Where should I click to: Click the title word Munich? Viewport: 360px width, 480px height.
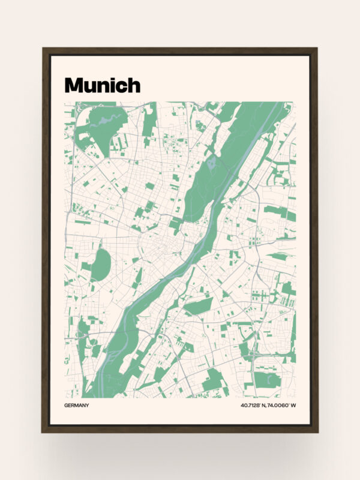102,85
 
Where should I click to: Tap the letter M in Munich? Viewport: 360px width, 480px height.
73,85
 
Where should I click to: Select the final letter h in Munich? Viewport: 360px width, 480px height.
133,85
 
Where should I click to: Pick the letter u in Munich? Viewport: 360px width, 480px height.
90,87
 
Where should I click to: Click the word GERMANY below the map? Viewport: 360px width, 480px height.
76,406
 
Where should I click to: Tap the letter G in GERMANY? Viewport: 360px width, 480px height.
66,406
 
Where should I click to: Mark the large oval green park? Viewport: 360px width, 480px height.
100,264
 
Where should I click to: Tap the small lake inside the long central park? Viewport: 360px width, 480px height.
211,162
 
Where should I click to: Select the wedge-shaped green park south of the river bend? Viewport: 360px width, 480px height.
198,307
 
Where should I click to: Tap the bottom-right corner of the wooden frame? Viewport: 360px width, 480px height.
317,431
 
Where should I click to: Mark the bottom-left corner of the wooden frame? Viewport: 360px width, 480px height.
43,431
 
